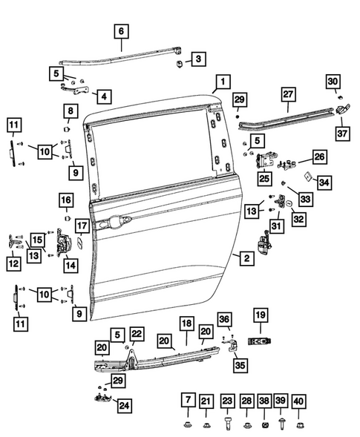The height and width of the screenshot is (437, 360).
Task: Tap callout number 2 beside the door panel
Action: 243,258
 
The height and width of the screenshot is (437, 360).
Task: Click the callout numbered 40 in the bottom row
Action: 300,401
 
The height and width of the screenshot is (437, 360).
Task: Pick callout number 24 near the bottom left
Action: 122,405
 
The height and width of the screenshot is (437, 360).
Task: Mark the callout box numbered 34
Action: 323,181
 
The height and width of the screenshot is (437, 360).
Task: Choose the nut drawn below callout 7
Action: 187,424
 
